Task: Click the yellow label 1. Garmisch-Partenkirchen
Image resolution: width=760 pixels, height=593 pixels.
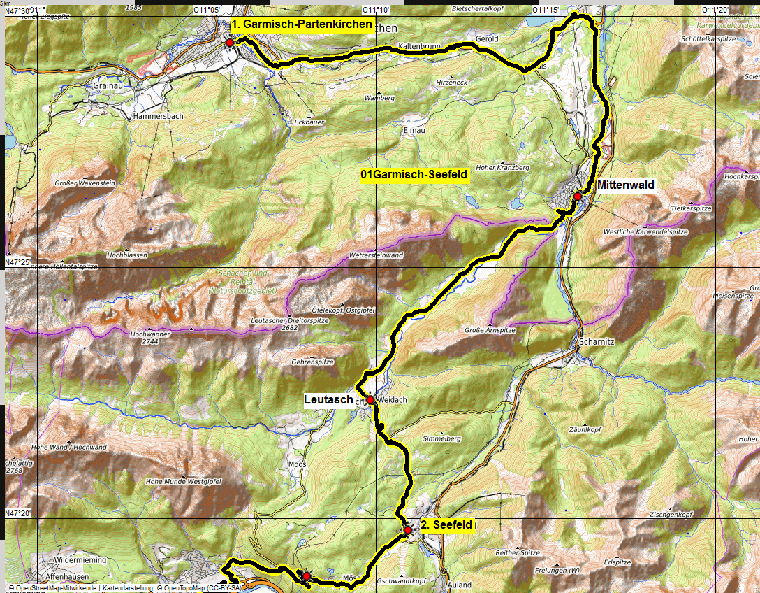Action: tap(302, 24)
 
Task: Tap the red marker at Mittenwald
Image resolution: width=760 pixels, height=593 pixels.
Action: tap(578, 197)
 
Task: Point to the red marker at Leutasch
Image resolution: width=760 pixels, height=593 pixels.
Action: tap(370, 400)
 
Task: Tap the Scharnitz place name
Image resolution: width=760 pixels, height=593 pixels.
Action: tap(596, 343)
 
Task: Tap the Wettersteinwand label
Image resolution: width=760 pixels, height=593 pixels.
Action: tap(376, 255)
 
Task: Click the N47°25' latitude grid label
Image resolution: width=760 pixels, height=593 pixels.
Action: tap(19, 262)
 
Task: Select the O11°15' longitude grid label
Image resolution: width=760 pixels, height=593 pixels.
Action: tap(545, 10)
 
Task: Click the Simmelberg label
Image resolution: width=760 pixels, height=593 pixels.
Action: tap(441, 438)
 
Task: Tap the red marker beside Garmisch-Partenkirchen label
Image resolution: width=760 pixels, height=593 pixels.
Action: tap(229, 43)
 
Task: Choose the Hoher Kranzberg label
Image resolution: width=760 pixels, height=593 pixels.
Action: tap(502, 168)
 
